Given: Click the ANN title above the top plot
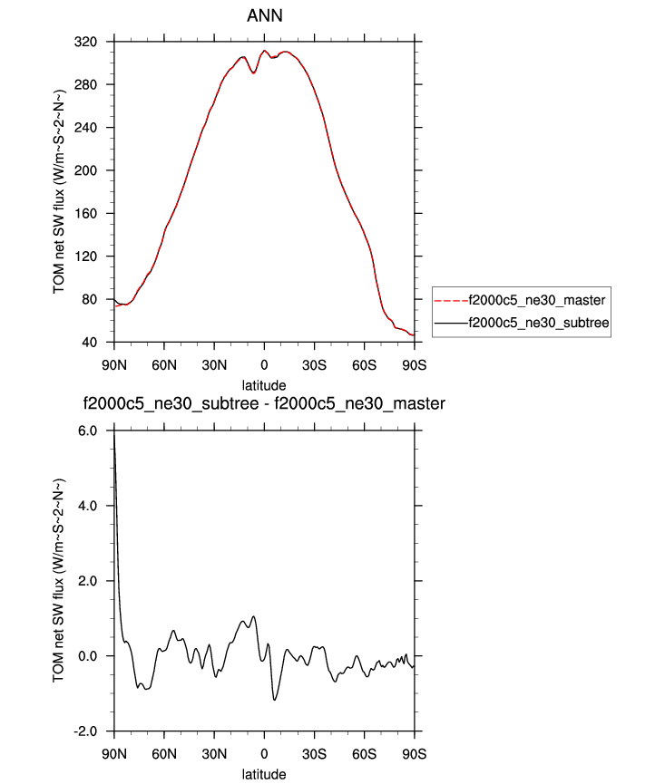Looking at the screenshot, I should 263,17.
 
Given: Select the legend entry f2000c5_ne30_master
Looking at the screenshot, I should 535,299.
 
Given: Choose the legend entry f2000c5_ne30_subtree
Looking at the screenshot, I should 536,322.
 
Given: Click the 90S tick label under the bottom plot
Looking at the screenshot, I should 414,752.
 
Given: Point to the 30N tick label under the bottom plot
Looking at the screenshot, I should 214,752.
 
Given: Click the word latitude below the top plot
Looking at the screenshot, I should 264,384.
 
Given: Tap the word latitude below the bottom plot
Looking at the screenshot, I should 264,774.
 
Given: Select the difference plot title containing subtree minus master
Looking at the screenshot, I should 264,404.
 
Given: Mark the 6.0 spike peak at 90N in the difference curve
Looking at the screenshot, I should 114,433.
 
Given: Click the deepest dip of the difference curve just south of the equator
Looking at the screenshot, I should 275,699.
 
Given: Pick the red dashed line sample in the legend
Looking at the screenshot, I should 451,299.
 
